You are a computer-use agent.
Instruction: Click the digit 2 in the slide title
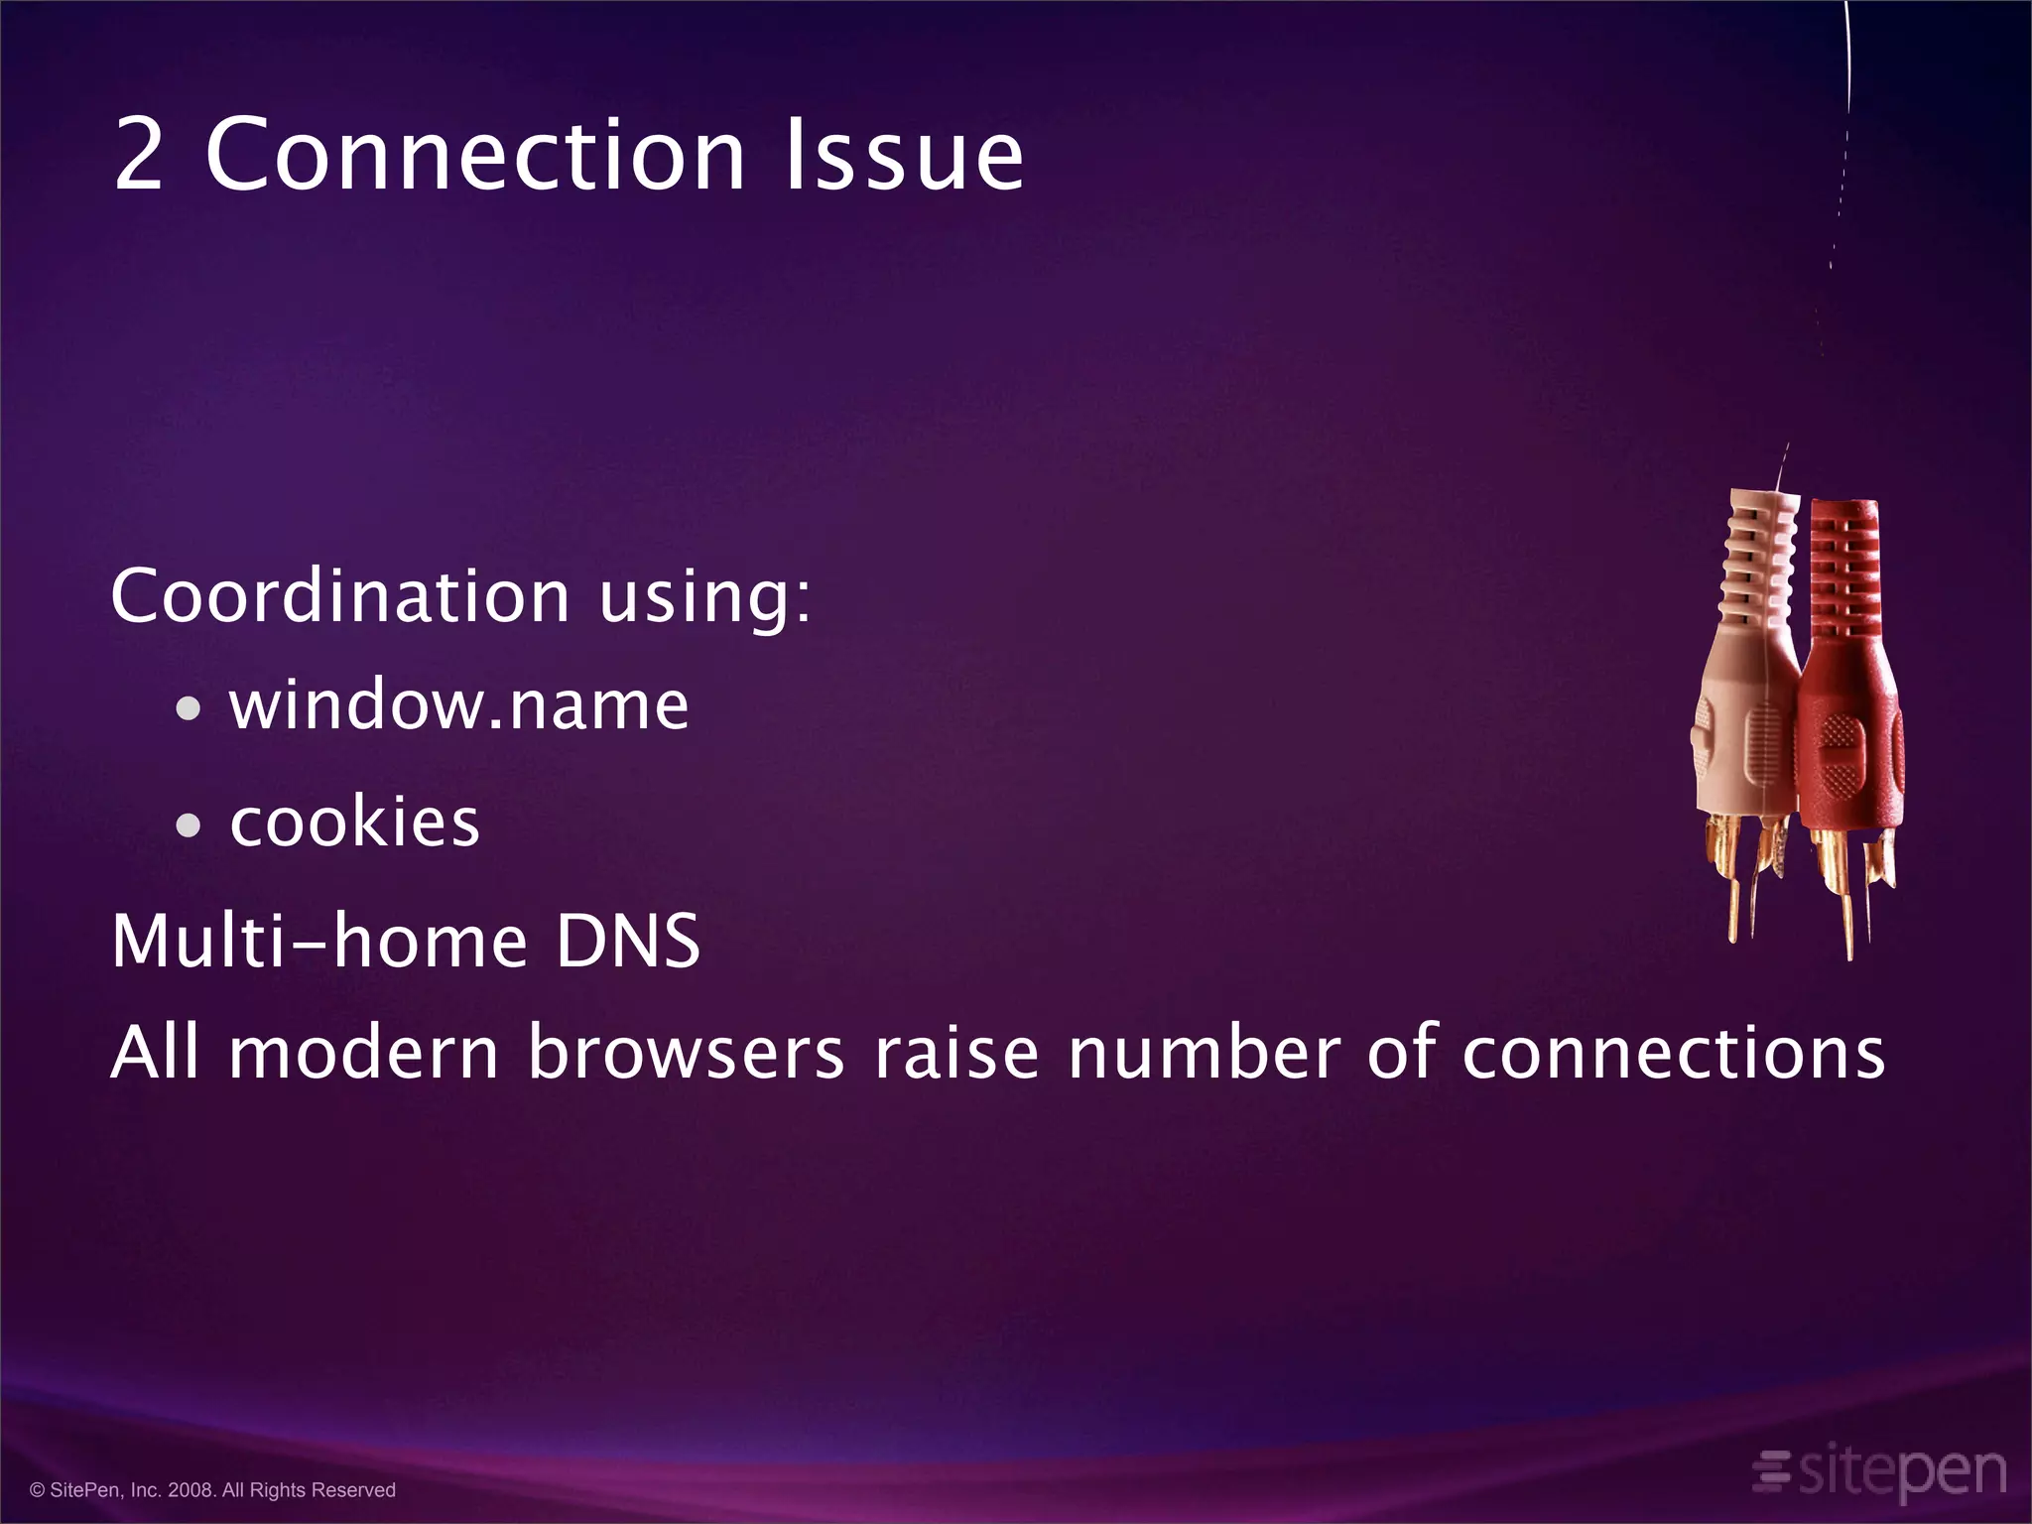pyautogui.click(x=139, y=156)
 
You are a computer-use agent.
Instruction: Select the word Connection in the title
pyautogui.click(x=474, y=156)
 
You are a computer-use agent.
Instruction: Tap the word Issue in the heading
pyautogui.click(x=903, y=156)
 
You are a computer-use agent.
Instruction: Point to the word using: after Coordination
pyautogui.click(x=705, y=598)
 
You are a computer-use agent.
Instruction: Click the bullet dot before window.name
pyautogui.click(x=188, y=709)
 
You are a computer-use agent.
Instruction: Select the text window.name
pyautogui.click(x=458, y=705)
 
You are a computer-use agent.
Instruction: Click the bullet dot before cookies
pyautogui.click(x=188, y=825)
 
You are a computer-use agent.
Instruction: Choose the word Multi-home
pyautogui.click(x=318, y=941)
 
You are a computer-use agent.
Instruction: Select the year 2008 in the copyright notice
pyautogui.click(x=190, y=1490)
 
